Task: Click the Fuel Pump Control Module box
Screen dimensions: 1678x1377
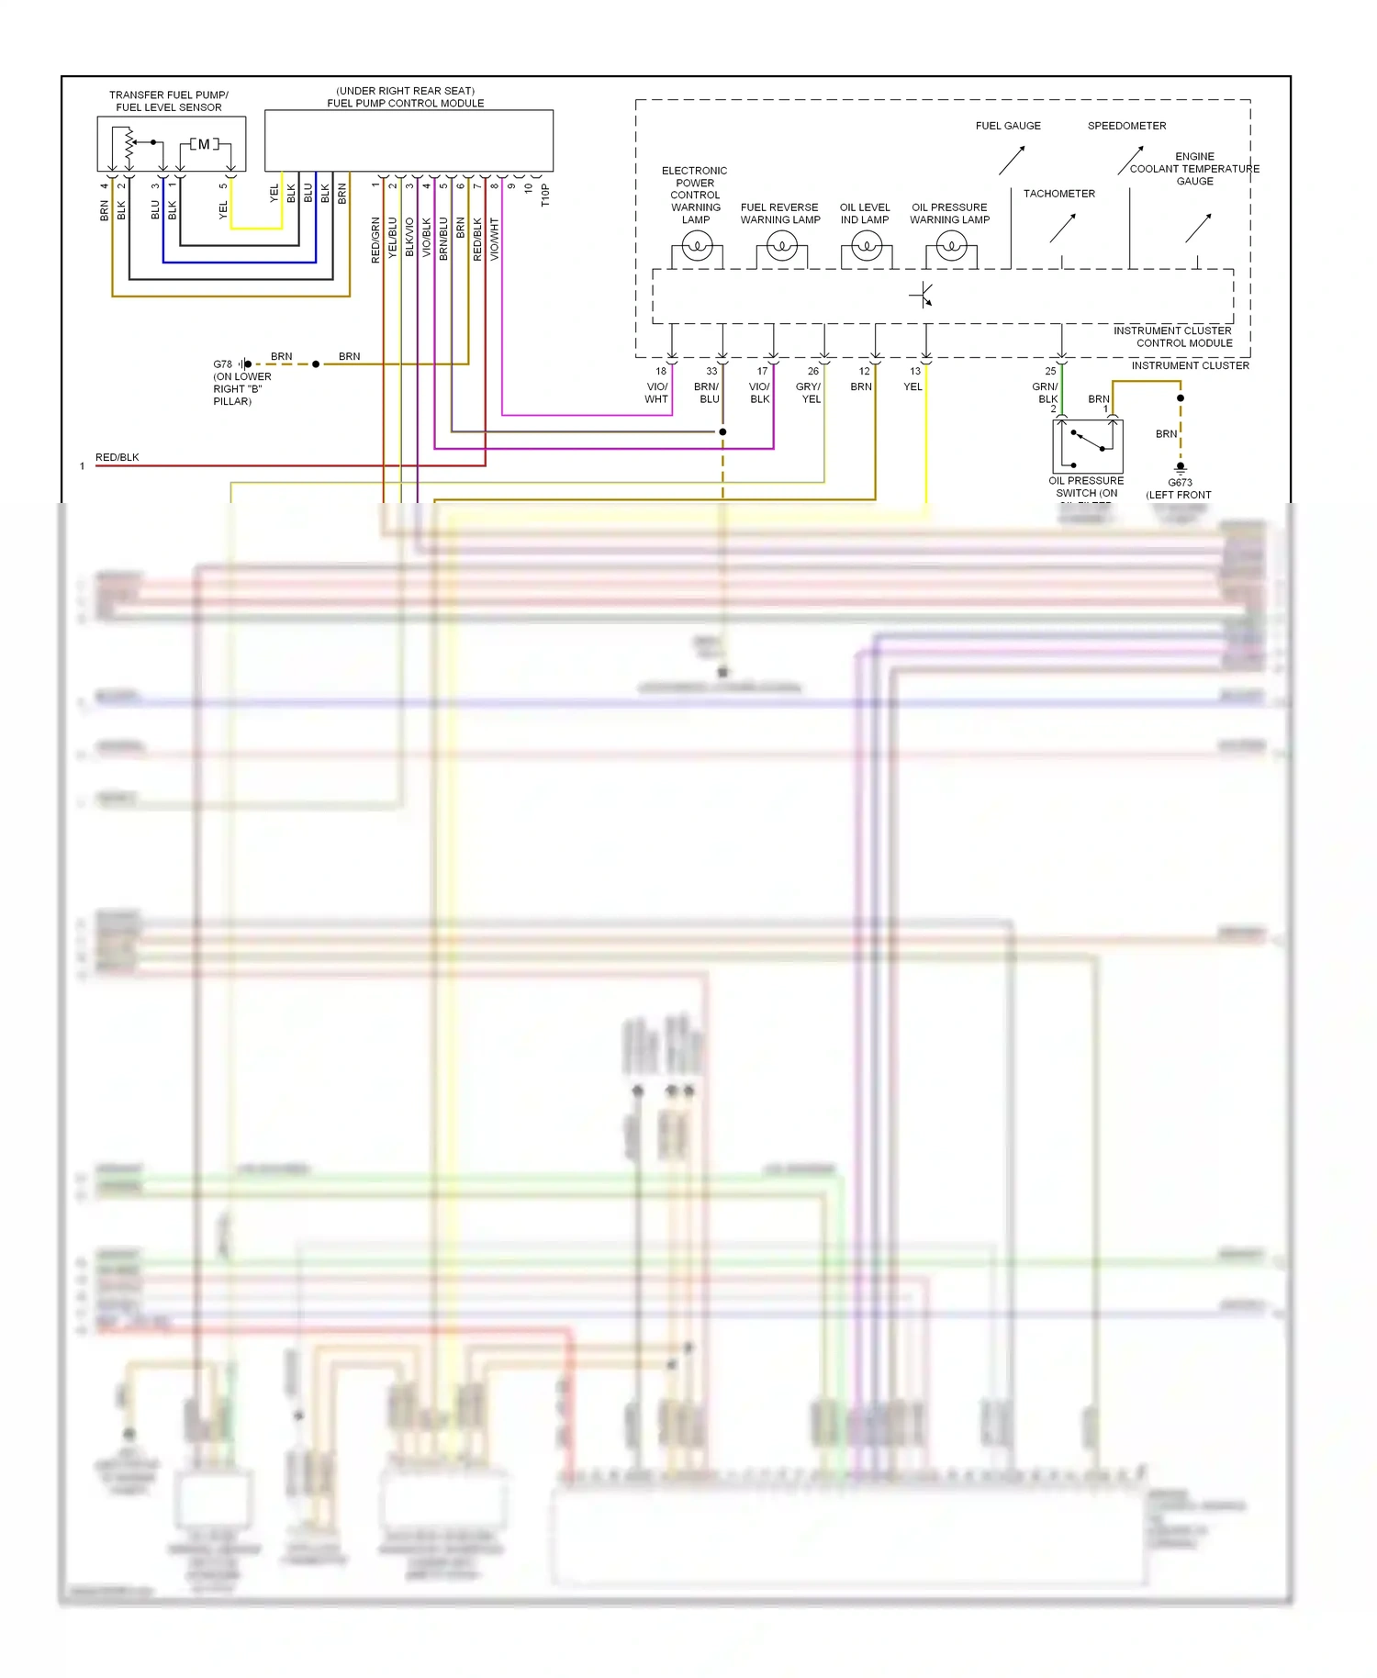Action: pos(409,140)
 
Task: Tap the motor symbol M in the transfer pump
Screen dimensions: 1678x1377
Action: pos(204,144)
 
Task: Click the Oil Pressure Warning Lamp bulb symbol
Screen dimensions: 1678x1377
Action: pos(951,246)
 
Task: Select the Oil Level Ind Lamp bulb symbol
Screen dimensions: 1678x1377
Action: pos(867,246)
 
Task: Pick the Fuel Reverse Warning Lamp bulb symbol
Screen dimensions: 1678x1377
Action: pos(782,246)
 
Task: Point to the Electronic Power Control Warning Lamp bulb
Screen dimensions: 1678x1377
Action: pos(697,246)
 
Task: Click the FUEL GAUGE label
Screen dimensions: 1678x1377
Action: pos(1008,126)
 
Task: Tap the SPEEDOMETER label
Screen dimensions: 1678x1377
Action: pos(1126,126)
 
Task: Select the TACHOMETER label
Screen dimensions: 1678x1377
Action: pos(1059,194)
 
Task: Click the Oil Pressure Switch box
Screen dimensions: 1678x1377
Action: pos(1088,446)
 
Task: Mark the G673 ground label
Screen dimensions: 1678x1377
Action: pos(1180,483)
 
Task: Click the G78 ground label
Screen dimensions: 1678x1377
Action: pos(223,364)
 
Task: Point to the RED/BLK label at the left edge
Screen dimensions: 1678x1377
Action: pos(118,457)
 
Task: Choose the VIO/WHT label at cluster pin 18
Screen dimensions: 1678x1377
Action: pos(656,393)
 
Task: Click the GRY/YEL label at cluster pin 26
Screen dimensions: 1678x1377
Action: pos(809,393)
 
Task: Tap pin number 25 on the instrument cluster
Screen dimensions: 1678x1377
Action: pos(1050,372)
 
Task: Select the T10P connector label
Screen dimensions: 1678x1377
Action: pos(545,196)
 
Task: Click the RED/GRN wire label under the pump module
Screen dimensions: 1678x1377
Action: pos(375,241)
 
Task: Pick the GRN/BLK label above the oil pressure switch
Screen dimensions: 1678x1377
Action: pos(1046,393)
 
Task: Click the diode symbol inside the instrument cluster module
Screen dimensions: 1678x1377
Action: pos(922,296)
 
